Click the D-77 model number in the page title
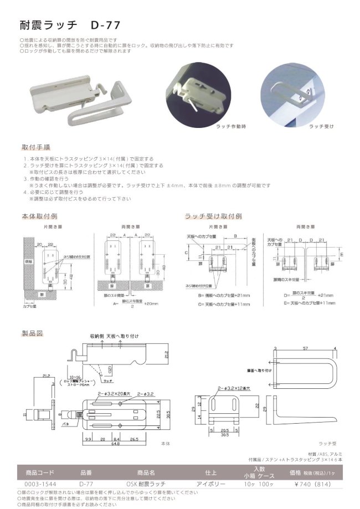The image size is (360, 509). (102, 25)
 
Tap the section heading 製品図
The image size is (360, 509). (32, 333)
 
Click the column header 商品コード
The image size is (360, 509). (39, 473)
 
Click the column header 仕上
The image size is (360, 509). (211, 473)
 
